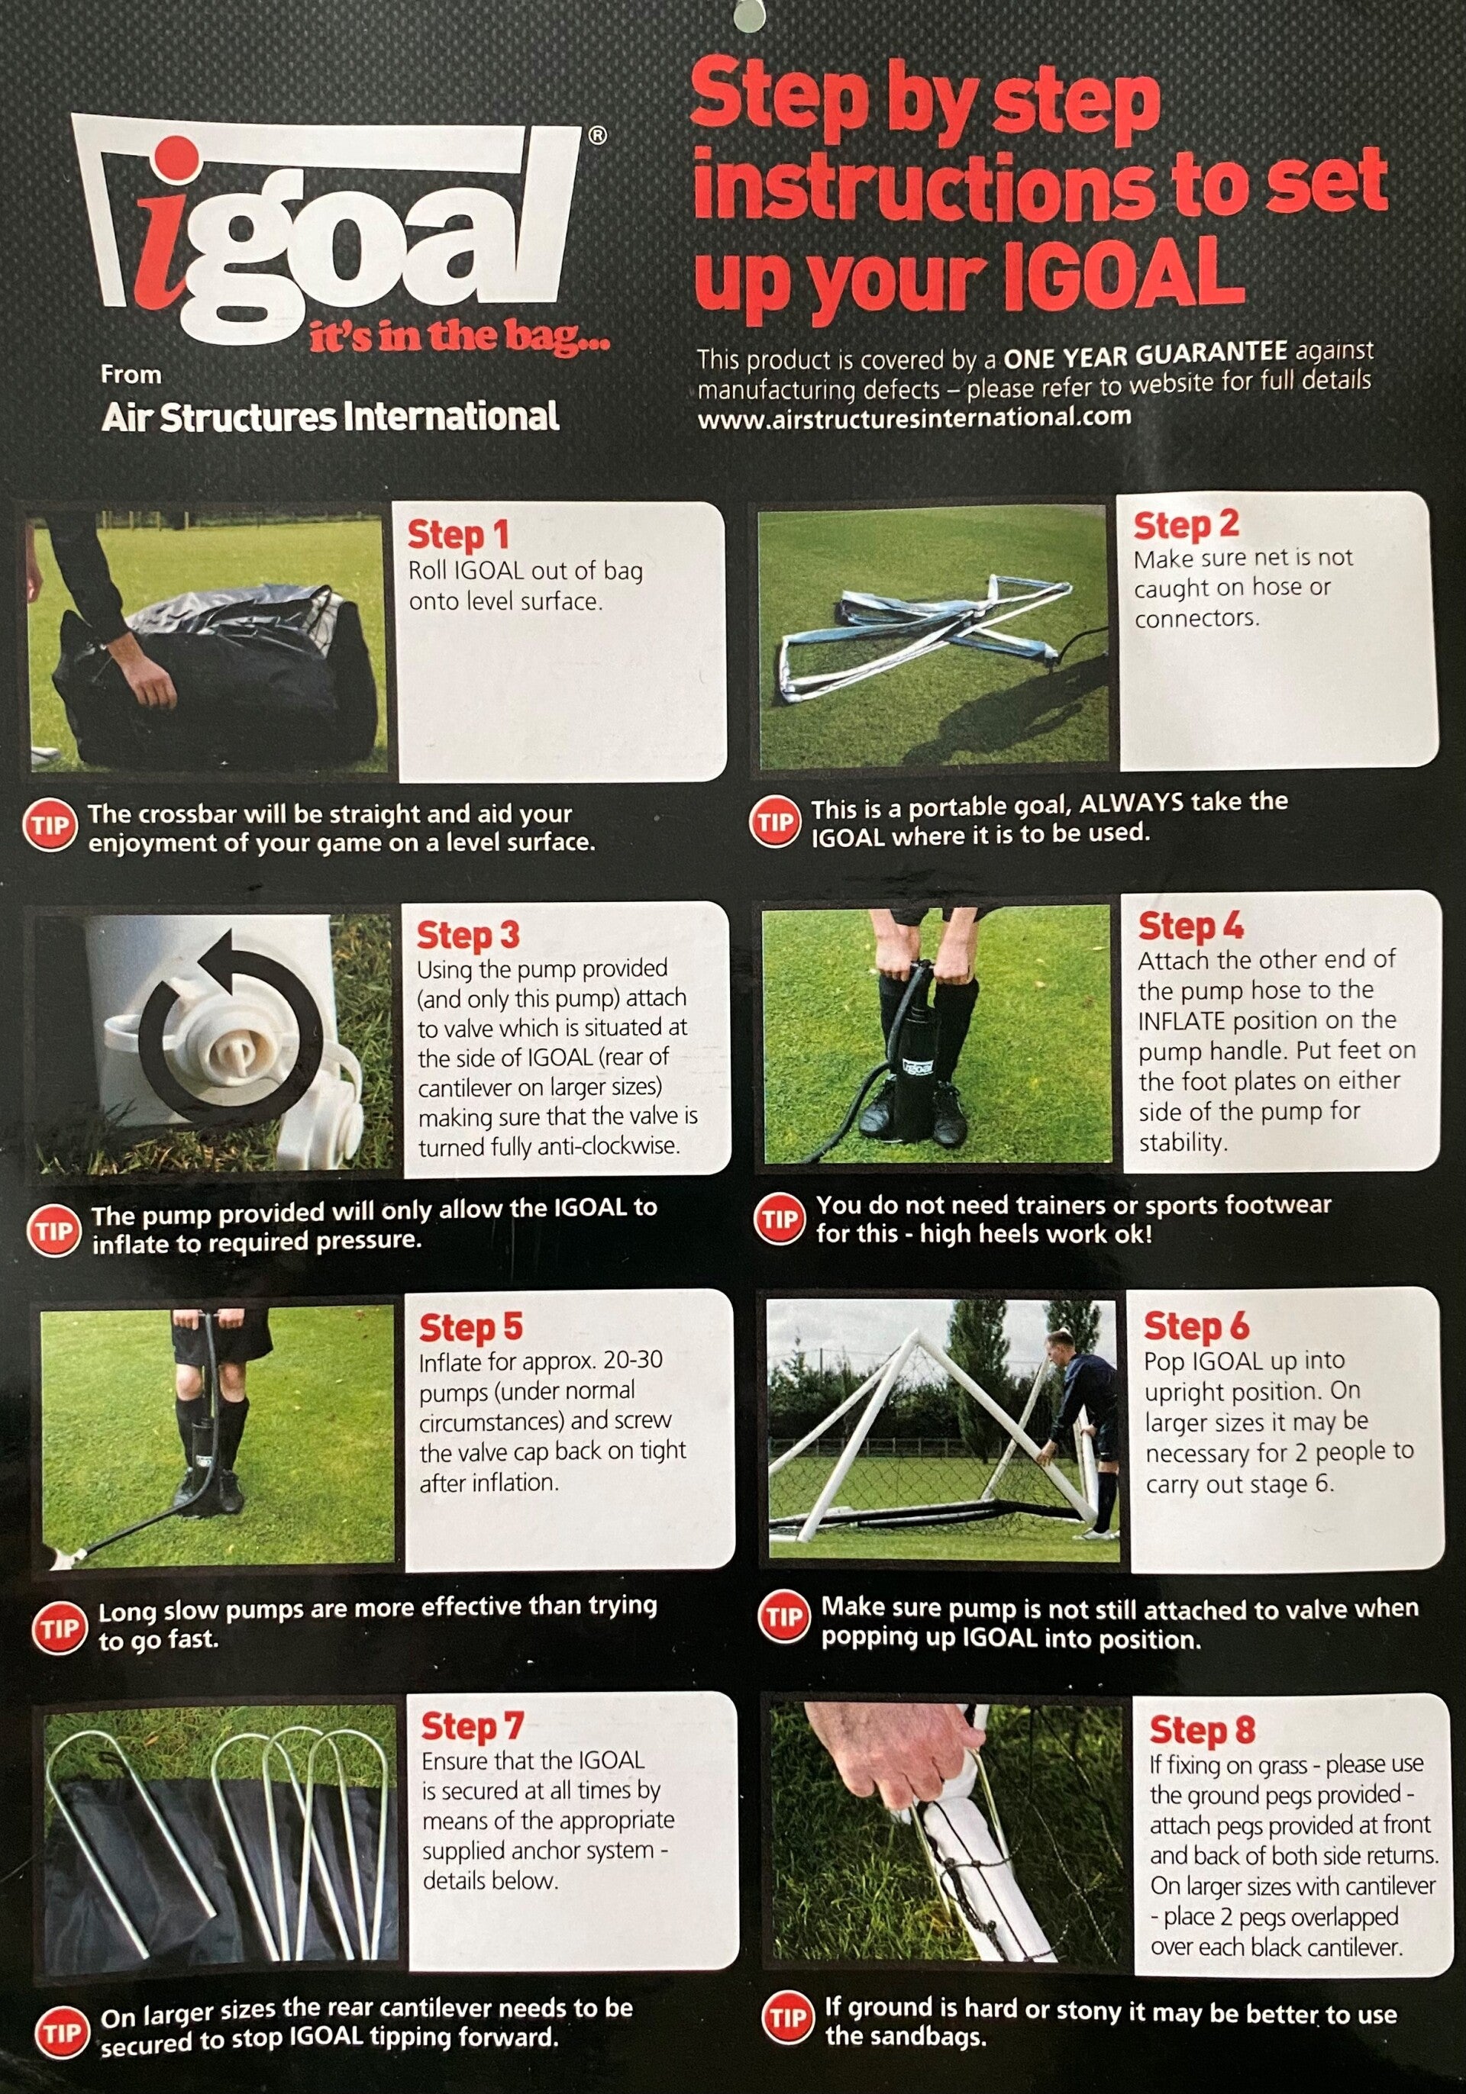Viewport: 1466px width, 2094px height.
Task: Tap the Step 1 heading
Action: (x=458, y=536)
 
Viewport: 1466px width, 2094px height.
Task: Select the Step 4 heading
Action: (x=1191, y=926)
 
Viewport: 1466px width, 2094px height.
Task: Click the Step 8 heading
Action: (x=1203, y=1729)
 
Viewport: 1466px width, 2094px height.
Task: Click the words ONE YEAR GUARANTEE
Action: (x=1146, y=355)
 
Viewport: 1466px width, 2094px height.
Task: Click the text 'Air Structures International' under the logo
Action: (x=331, y=417)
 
